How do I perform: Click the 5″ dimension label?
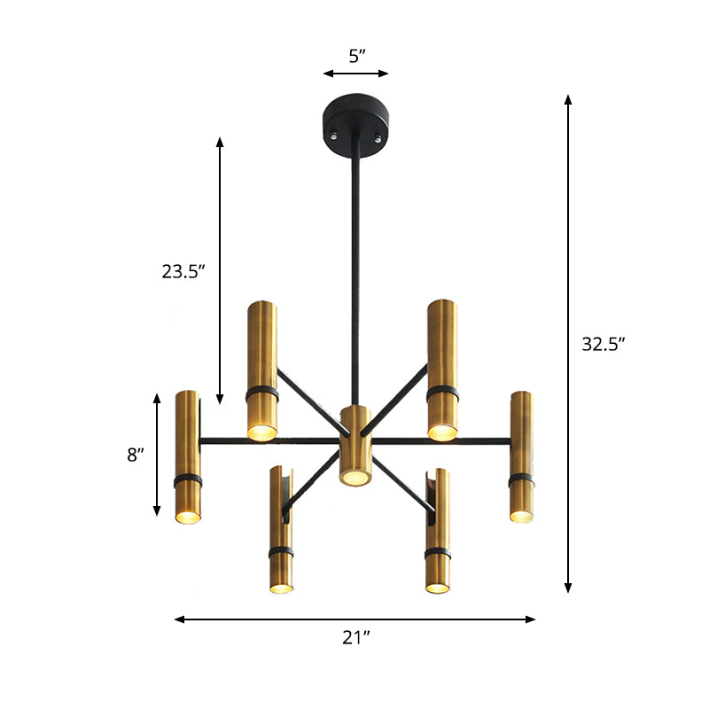click(356, 57)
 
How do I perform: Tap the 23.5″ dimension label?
click(183, 272)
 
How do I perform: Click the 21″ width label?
click(355, 638)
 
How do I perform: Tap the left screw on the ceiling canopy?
click(334, 136)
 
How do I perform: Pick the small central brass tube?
click(354, 445)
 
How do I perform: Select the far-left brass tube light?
click(187, 456)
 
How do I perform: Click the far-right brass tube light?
click(521, 456)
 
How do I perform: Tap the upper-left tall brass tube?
click(262, 369)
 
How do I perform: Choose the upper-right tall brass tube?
click(441, 369)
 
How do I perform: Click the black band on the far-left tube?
click(188, 479)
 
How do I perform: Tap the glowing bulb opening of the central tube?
click(354, 478)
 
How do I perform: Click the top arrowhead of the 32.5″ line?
click(569, 99)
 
